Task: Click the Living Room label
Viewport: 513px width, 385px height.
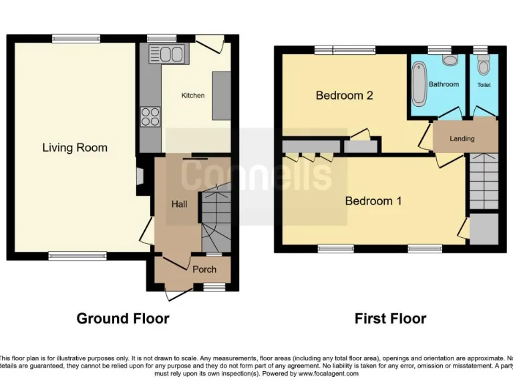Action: click(x=75, y=148)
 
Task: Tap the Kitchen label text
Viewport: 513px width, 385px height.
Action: click(x=193, y=96)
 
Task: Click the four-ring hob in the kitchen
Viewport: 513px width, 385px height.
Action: click(x=150, y=117)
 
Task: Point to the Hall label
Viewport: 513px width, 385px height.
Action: click(x=179, y=204)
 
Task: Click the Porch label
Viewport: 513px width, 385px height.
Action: click(x=204, y=269)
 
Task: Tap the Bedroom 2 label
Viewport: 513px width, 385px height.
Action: click(x=344, y=96)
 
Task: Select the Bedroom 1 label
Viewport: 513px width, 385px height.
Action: click(x=373, y=201)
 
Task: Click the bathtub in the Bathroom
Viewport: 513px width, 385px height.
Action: click(x=419, y=84)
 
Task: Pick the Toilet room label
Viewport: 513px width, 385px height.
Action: click(x=484, y=86)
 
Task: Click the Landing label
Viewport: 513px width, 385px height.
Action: click(x=462, y=138)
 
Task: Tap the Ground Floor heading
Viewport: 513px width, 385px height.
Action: click(x=123, y=318)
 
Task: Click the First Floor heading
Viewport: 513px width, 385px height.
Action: click(x=390, y=318)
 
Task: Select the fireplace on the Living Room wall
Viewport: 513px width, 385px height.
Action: click(x=139, y=176)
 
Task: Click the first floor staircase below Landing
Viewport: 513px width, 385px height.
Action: click(x=484, y=180)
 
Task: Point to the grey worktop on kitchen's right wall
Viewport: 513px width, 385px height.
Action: click(x=221, y=96)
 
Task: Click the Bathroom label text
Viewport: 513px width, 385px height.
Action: click(x=444, y=84)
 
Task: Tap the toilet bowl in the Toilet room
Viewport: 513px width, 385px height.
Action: click(x=484, y=65)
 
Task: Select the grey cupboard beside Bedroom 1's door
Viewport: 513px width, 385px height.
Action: click(x=484, y=229)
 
